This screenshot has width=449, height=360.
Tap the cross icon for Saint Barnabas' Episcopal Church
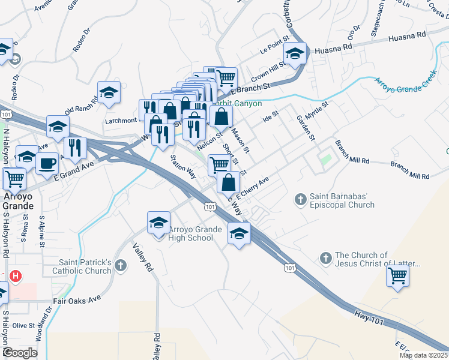[x=301, y=199]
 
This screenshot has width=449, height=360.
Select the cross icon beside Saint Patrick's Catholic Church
[x=121, y=265]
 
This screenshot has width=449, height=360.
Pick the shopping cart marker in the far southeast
[x=397, y=276]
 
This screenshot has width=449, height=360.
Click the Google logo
[x=20, y=353]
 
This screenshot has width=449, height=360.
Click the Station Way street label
[x=184, y=167]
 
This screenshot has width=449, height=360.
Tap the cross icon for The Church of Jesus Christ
[x=326, y=258]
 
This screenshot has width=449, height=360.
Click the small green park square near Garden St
[x=326, y=160]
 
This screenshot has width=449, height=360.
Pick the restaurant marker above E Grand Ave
[x=75, y=147]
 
